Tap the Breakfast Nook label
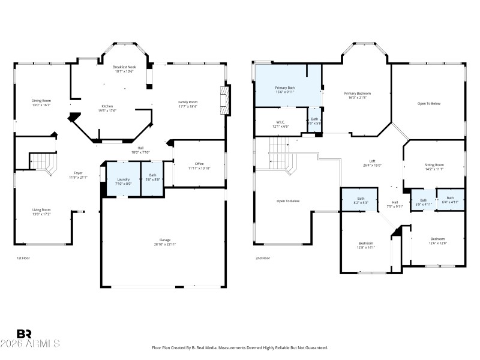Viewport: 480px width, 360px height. (x=125, y=69)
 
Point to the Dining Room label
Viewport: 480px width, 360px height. (x=41, y=103)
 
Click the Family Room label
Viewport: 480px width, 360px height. (x=188, y=104)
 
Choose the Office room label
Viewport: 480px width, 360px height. (x=199, y=166)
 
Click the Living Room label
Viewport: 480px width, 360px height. (x=41, y=212)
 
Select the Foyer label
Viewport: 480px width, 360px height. (x=78, y=175)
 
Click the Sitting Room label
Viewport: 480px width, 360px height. (x=435, y=167)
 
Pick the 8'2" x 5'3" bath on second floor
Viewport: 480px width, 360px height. (x=361, y=200)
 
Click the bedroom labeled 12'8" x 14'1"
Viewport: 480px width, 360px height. (x=365, y=245)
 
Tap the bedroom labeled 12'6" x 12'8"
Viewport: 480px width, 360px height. (x=437, y=241)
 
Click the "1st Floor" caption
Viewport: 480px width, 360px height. (x=23, y=258)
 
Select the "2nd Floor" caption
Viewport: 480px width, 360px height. (x=263, y=258)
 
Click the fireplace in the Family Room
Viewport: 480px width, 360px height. (x=225, y=100)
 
